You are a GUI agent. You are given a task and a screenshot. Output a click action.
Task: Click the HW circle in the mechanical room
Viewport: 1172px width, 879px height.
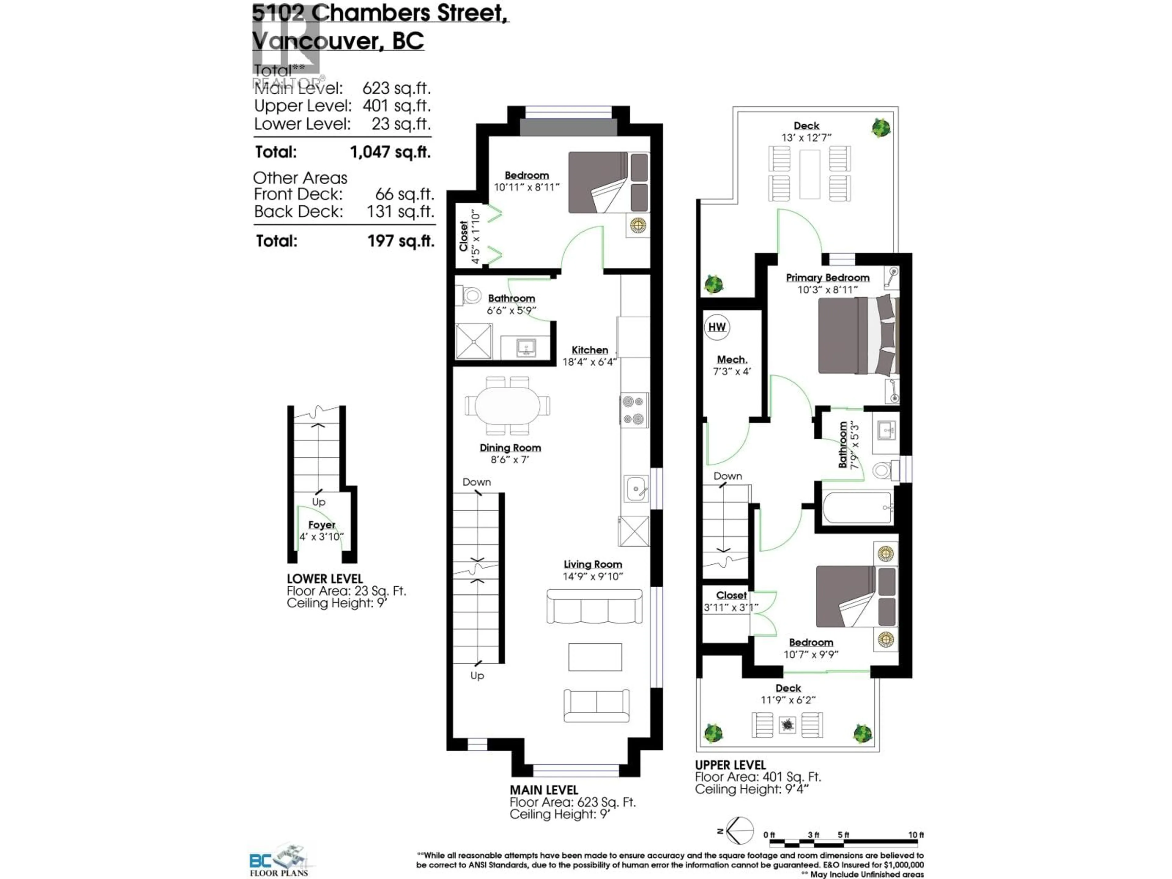(717, 327)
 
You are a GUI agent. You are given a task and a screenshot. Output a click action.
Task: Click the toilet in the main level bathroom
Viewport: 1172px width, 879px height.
(471, 295)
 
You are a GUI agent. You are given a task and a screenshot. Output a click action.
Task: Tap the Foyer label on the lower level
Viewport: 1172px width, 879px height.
(322, 525)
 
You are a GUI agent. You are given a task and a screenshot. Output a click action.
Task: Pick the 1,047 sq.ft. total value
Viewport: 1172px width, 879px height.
(390, 152)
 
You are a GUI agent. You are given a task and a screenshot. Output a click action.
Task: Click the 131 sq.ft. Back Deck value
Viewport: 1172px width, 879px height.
(400, 212)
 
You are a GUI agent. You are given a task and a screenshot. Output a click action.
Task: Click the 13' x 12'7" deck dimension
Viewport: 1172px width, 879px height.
(806, 138)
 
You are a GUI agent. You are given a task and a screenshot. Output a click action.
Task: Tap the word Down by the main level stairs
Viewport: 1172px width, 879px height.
(476, 482)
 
